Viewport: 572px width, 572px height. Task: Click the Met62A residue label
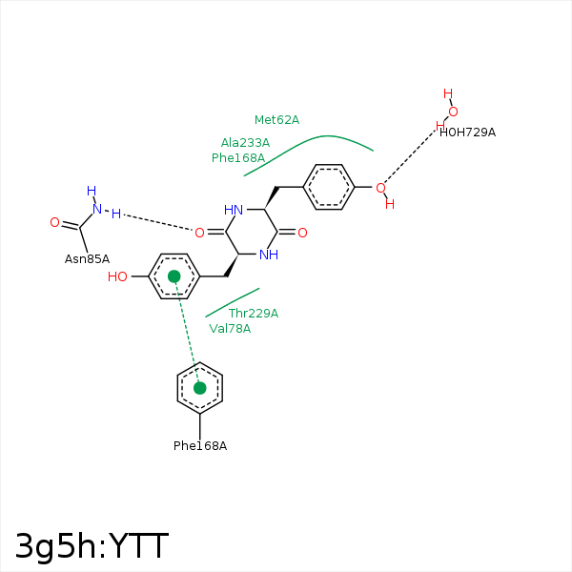(276, 120)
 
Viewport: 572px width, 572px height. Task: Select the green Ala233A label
(245, 143)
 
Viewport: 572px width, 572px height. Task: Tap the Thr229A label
(254, 313)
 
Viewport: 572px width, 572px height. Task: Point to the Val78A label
(230, 328)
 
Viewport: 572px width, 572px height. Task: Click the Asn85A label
(87, 259)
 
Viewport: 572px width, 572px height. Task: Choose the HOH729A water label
(467, 133)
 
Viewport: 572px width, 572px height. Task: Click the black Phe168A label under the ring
(200, 446)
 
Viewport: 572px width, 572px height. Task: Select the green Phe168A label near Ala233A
(238, 158)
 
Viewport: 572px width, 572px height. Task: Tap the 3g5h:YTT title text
(92, 545)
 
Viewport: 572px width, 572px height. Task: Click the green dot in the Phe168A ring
(199, 388)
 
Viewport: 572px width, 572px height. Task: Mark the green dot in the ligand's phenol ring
(174, 276)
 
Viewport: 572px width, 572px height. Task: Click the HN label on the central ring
(234, 210)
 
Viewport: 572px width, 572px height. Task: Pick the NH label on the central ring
(269, 255)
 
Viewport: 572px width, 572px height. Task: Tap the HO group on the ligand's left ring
(117, 276)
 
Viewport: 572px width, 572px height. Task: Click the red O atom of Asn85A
(54, 222)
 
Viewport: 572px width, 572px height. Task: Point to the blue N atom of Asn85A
(97, 209)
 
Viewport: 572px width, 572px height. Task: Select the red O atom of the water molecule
(453, 112)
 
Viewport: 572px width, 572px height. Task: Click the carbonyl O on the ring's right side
(302, 233)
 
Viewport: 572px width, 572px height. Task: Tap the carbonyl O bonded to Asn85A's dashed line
(199, 233)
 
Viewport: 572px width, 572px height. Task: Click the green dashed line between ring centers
(187, 332)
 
